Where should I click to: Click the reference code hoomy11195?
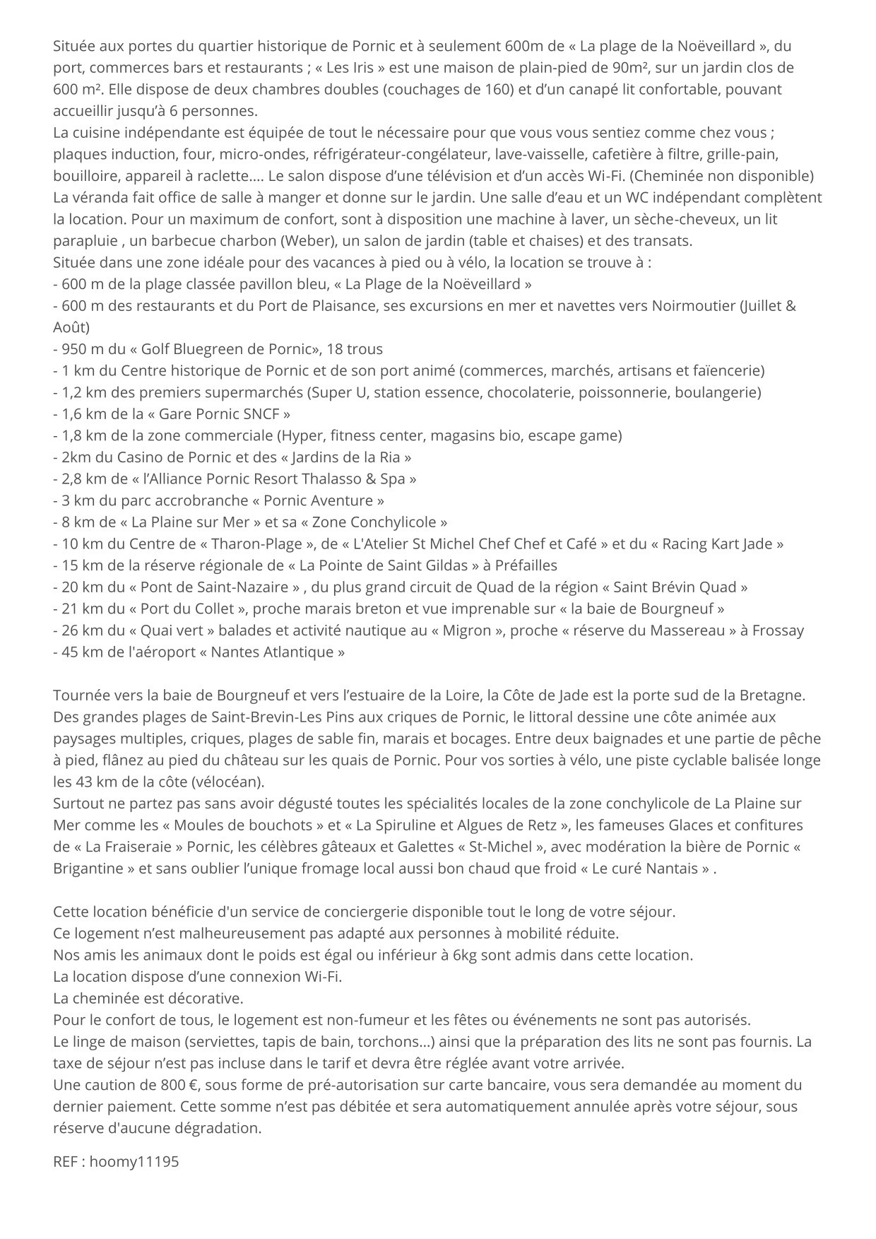(x=134, y=1161)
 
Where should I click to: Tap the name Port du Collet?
(x=187, y=609)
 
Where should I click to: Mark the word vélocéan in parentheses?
(x=230, y=782)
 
